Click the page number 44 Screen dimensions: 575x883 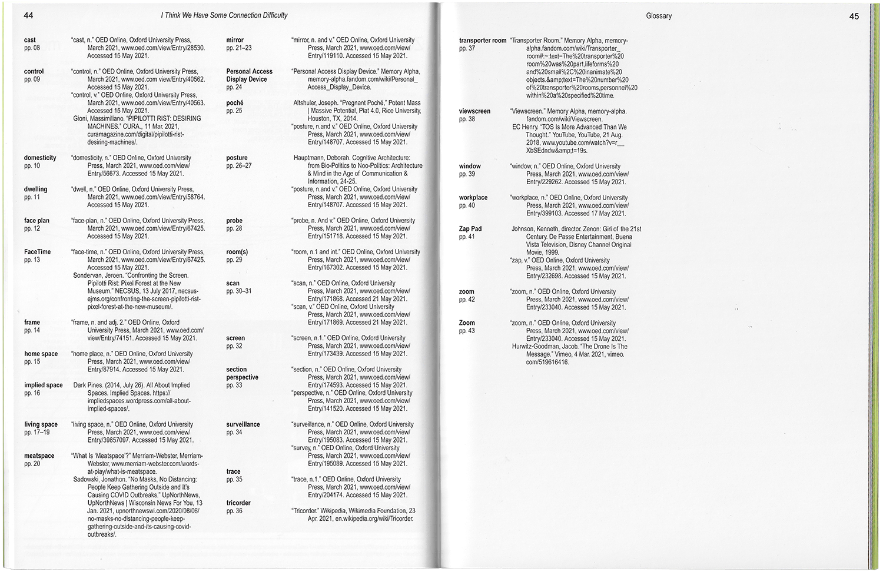28,15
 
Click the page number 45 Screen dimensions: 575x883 854,16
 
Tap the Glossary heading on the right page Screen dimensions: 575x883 658,16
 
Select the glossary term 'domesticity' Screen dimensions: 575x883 40,158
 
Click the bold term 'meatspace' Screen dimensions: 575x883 39,456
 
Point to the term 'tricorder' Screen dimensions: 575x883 238,503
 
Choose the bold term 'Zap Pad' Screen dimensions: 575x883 470,229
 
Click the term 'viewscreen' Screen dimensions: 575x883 474,111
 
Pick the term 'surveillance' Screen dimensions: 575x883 243,424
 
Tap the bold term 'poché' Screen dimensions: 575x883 235,103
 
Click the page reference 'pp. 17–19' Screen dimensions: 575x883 36,433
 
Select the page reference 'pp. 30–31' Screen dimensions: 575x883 239,291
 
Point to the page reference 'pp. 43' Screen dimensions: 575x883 467,331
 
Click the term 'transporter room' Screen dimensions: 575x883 483,41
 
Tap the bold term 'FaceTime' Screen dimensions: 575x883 37,252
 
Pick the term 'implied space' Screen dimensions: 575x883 43,385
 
